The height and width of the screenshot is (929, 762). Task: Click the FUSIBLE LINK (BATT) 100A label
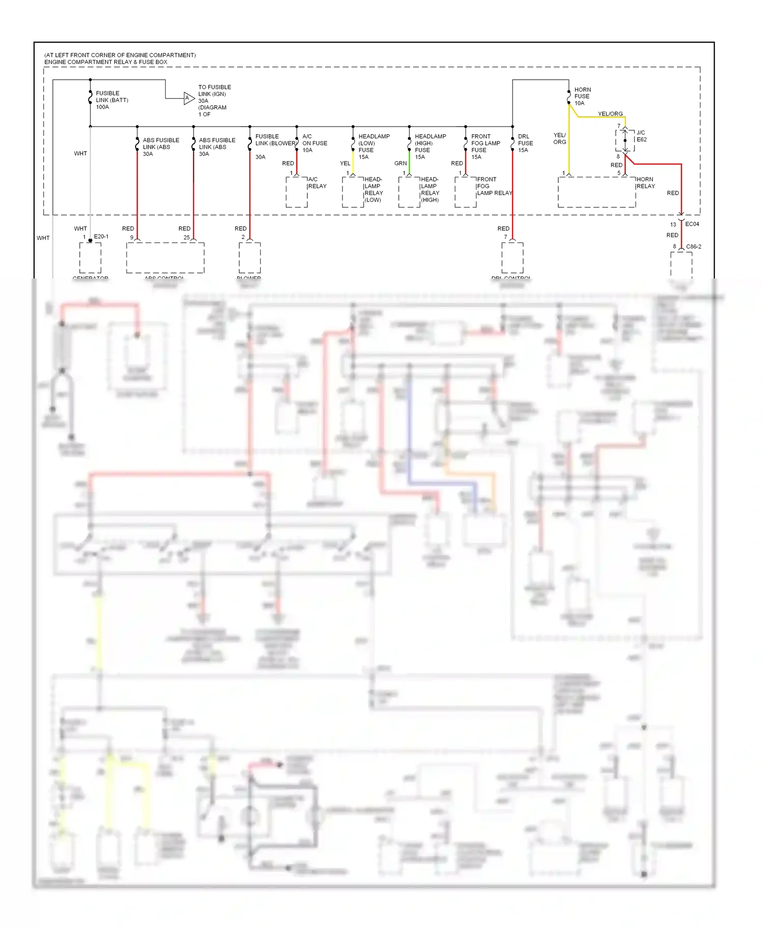111,100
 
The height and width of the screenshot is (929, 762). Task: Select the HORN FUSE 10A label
582,96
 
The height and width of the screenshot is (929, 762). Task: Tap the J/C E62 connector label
641,136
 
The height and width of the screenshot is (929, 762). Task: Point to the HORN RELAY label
645,183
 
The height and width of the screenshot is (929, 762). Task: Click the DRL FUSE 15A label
525,143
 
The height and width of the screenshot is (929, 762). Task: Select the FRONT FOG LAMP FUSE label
485,143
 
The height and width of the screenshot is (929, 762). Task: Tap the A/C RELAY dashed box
297,192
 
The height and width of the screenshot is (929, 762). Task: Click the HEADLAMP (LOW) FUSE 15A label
373,146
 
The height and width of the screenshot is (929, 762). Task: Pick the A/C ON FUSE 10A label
314,143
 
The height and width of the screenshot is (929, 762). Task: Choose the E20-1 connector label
101,236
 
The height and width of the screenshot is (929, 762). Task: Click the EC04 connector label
692,224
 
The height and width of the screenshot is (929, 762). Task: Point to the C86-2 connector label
693,246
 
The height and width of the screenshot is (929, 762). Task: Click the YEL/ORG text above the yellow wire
610,114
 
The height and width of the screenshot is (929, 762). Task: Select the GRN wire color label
400,163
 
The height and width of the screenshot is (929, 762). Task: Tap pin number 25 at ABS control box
186,237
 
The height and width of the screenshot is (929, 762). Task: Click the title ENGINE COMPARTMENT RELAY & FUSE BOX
106,62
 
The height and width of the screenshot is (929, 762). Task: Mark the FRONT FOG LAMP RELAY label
494,186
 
